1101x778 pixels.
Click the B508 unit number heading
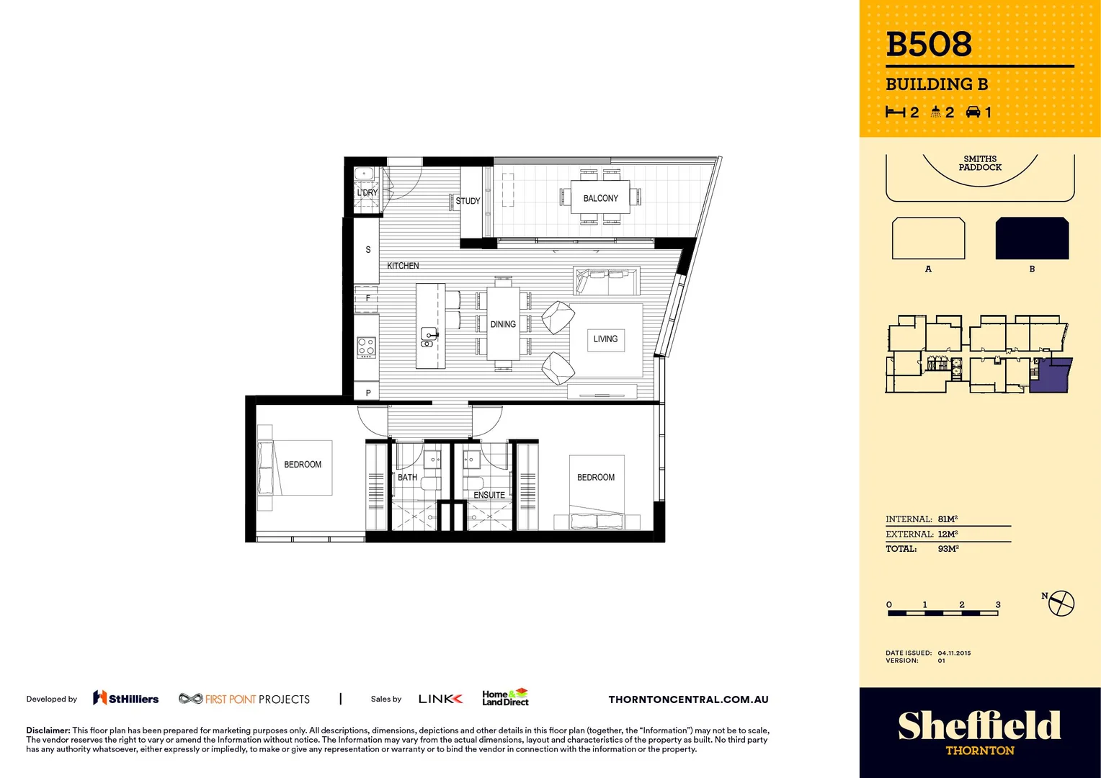929,45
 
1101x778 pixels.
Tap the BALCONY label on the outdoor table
600,198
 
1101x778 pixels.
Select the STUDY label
468,201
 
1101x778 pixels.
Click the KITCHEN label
403,266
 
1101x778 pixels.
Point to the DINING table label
503,324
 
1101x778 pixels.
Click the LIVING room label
605,339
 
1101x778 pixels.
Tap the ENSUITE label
489,495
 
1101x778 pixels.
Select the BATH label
407,477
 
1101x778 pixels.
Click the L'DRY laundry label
367,192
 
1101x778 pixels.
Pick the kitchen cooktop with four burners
366,347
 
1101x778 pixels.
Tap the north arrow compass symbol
1061,603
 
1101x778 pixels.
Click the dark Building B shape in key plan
1032,238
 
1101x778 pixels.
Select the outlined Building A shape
928,238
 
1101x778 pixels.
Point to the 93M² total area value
948,549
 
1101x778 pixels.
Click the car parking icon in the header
973,112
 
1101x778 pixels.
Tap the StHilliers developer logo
126,698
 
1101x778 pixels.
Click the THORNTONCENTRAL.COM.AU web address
688,699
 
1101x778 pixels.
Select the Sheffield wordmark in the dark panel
979,725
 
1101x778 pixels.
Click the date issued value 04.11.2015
954,653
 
